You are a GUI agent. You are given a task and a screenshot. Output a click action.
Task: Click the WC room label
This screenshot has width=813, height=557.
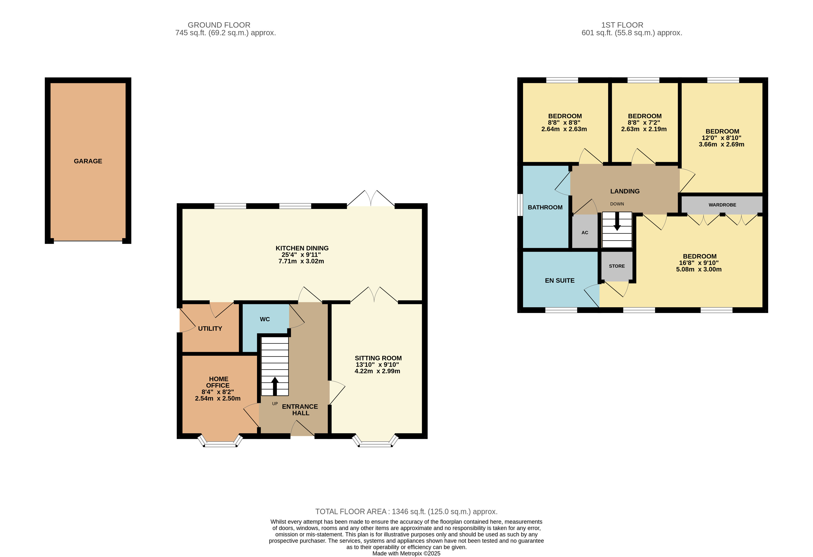[x=265, y=319]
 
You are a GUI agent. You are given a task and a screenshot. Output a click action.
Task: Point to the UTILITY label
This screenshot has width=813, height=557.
[x=210, y=329]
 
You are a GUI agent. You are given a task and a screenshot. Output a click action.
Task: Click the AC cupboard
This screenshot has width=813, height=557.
[x=585, y=232]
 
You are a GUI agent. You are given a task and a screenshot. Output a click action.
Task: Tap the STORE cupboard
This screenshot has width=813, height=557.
[x=617, y=266]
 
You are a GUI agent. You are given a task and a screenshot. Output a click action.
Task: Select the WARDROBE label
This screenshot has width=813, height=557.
[x=722, y=205]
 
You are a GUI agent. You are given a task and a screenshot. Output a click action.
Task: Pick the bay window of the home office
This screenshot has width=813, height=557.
[x=221, y=442]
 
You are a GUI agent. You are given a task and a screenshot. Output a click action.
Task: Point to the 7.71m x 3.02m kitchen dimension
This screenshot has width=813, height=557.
[x=301, y=261]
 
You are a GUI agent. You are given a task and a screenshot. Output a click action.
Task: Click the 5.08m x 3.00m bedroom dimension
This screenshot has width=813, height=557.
[x=699, y=270]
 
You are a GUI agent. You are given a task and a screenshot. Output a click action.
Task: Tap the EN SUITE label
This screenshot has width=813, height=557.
[x=560, y=281]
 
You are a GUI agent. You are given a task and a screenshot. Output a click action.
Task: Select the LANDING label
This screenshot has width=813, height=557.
[x=625, y=191]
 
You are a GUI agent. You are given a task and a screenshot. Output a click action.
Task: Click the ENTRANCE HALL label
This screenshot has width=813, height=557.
[x=300, y=410]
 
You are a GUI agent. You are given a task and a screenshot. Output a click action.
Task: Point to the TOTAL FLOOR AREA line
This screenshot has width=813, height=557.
[x=406, y=512]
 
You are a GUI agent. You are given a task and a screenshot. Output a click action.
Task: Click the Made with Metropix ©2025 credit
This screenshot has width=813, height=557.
[x=406, y=554]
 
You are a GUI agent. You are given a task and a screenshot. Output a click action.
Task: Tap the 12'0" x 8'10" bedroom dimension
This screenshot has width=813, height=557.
[x=721, y=138]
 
